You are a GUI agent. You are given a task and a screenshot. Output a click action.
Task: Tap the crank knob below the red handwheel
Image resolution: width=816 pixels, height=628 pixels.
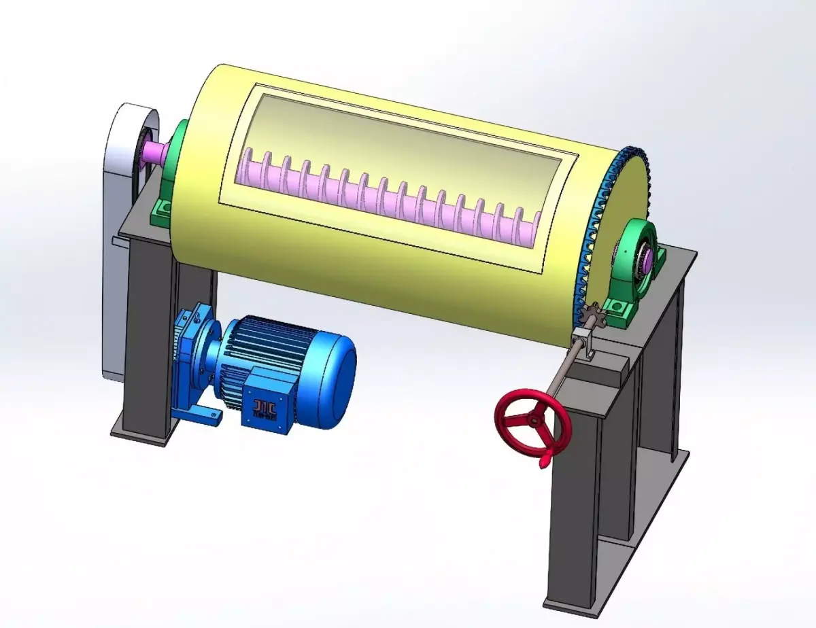544,463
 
